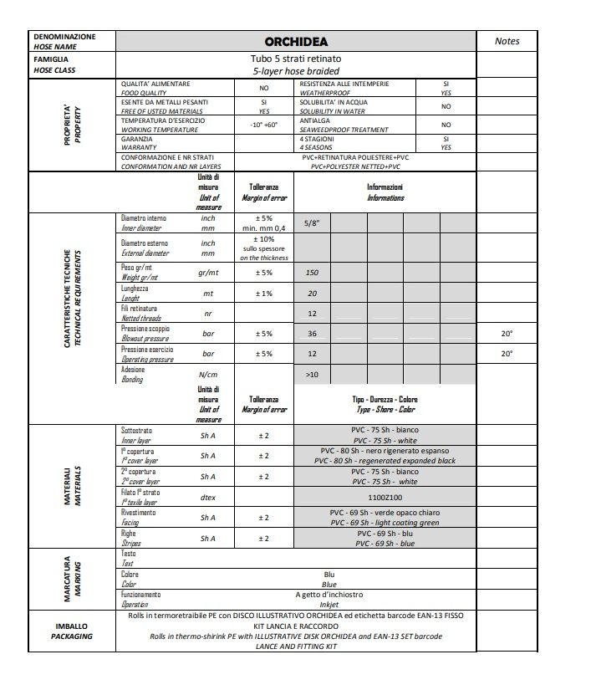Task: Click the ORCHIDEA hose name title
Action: pyautogui.click(x=296, y=42)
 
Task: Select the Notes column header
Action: pyautogui.click(x=507, y=41)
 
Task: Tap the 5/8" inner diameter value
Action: pyautogui.click(x=311, y=224)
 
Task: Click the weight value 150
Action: pyautogui.click(x=312, y=273)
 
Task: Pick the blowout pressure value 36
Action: pyautogui.click(x=312, y=334)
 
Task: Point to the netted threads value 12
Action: pyautogui.click(x=312, y=314)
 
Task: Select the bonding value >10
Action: pyautogui.click(x=312, y=375)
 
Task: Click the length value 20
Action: pyautogui.click(x=312, y=294)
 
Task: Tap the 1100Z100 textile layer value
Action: pyautogui.click(x=384, y=497)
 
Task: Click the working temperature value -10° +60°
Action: pyautogui.click(x=263, y=125)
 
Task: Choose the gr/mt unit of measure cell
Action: pyautogui.click(x=208, y=273)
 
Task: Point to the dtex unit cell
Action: pyautogui.click(x=208, y=497)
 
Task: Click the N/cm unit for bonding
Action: pyautogui.click(x=208, y=375)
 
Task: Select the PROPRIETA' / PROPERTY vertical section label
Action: pyautogui.click(x=73, y=125)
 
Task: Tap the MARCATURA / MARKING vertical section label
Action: pyautogui.click(x=73, y=578)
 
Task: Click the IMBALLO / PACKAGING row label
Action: pyautogui.click(x=72, y=631)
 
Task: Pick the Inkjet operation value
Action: pyautogui.click(x=329, y=604)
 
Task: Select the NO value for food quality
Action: pyautogui.click(x=263, y=88)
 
